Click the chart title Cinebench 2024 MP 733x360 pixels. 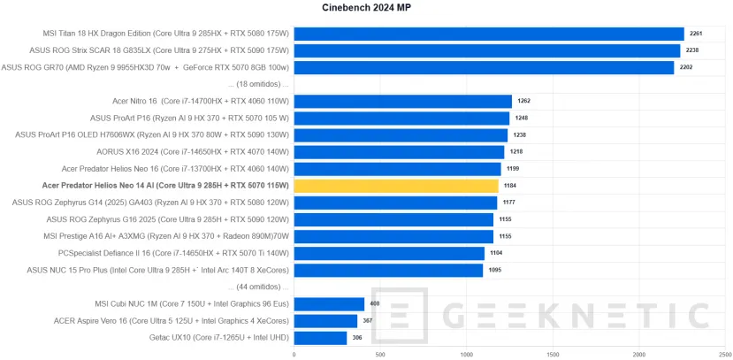tap(366, 8)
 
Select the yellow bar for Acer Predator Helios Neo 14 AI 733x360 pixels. tap(396, 186)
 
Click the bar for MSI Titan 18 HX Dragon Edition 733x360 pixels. tap(489, 34)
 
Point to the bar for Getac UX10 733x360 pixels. tap(320, 337)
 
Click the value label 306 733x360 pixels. tap(357, 338)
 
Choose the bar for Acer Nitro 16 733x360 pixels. tap(402, 101)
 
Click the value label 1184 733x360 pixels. tap(510, 187)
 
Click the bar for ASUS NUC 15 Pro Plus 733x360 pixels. tap(388, 270)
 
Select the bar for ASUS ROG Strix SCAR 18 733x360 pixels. tap(486, 50)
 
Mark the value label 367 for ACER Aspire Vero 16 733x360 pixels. tap(368, 321)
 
